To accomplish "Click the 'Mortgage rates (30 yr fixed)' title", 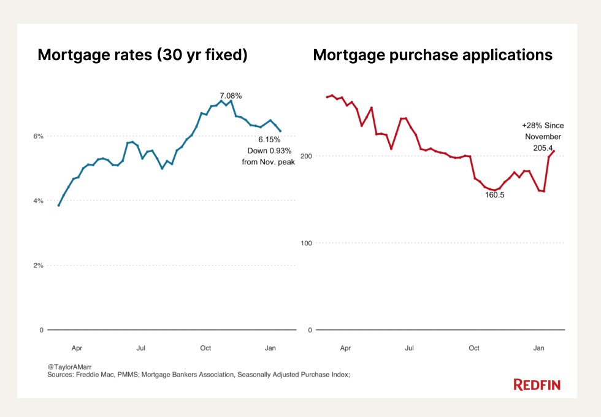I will pyautogui.click(x=142, y=55).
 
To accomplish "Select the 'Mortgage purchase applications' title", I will pyautogui.click(x=432, y=55).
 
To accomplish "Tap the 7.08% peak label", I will pyautogui.click(x=231, y=96).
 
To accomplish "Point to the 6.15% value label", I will pyautogui.click(x=269, y=139).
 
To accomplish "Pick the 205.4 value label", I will pyautogui.click(x=543, y=148).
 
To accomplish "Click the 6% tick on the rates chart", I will pyautogui.click(x=38, y=136).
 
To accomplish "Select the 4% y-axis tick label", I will pyautogui.click(x=38, y=201).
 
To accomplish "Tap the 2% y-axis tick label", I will pyautogui.click(x=38, y=266).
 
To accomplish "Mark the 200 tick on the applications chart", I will pyautogui.click(x=305, y=156).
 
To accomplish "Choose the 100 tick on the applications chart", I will pyautogui.click(x=305, y=243).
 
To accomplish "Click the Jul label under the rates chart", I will pyautogui.click(x=140, y=348).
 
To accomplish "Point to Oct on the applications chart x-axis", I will pyautogui.click(x=474, y=348).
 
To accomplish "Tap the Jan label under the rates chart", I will pyautogui.click(x=269, y=348).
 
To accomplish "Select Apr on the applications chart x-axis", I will pyautogui.click(x=345, y=348).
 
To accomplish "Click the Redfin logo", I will pyautogui.click(x=537, y=385).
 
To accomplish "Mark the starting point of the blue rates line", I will pyautogui.click(x=58, y=205).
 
